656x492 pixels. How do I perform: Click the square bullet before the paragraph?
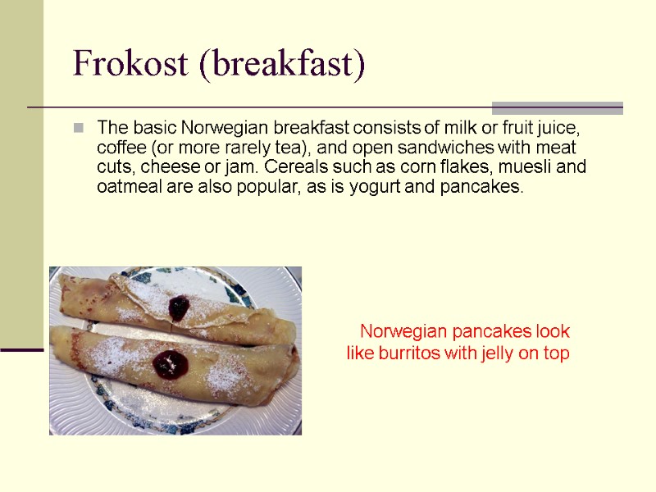tap(79, 128)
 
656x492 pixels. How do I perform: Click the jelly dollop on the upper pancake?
tap(179, 307)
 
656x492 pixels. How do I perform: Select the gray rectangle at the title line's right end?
tap(557, 107)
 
